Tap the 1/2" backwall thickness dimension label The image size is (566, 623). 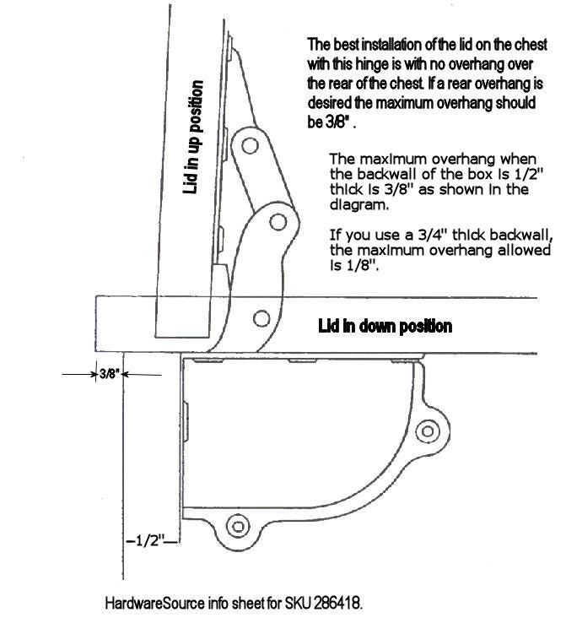(x=150, y=541)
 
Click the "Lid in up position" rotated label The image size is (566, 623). (x=194, y=137)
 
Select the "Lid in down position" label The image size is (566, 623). (x=385, y=326)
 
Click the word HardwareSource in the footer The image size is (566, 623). (x=155, y=603)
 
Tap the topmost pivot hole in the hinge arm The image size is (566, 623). (x=250, y=145)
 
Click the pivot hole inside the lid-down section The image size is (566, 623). (x=261, y=318)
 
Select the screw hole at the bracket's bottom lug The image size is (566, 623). (x=238, y=527)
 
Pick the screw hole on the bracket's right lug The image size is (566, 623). (x=428, y=431)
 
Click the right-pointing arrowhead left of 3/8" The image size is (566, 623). (x=94, y=374)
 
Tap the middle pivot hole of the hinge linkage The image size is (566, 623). (x=278, y=222)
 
